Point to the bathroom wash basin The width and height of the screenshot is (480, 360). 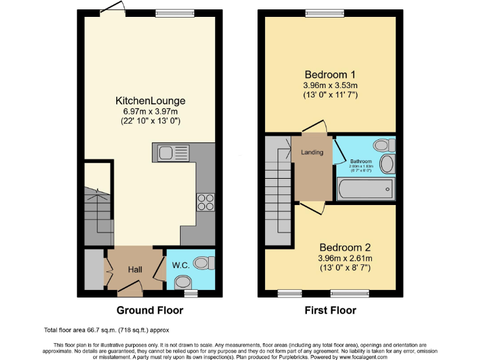pyautogui.click(x=387, y=165)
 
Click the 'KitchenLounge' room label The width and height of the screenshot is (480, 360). pyautogui.click(x=150, y=100)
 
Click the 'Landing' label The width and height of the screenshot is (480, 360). pyautogui.click(x=312, y=152)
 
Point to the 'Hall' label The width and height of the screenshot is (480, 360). pyautogui.click(x=135, y=269)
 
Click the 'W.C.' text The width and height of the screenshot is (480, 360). pyautogui.click(x=181, y=265)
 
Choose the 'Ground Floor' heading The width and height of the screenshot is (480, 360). pyautogui.click(x=149, y=310)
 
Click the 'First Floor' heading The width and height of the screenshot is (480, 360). pyautogui.click(x=330, y=310)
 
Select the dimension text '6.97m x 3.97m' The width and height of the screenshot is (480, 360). pyautogui.click(x=150, y=111)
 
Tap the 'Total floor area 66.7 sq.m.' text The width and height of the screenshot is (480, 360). pyautogui.click(x=106, y=329)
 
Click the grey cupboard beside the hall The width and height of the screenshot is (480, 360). pyautogui.click(x=93, y=269)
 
